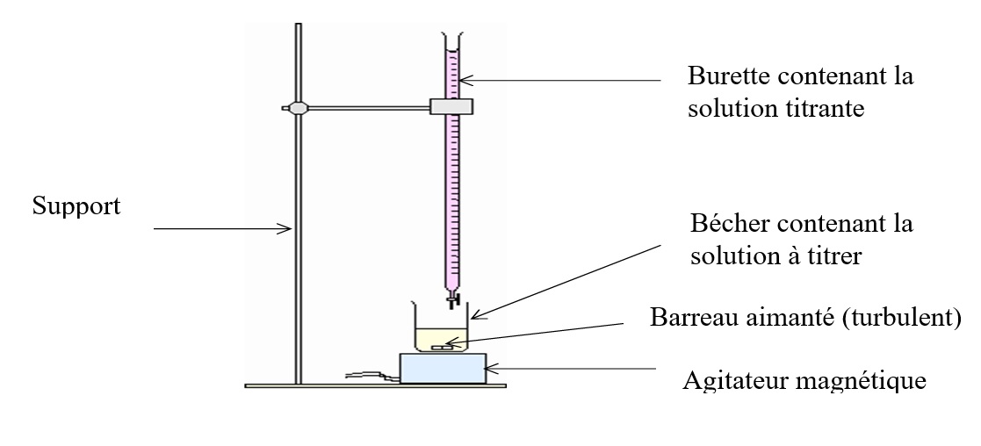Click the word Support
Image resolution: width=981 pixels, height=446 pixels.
point(76,207)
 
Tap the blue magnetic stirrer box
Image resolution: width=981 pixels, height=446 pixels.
point(444,368)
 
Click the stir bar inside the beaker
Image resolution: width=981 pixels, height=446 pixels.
point(442,349)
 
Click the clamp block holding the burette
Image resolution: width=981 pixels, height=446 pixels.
point(451,106)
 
